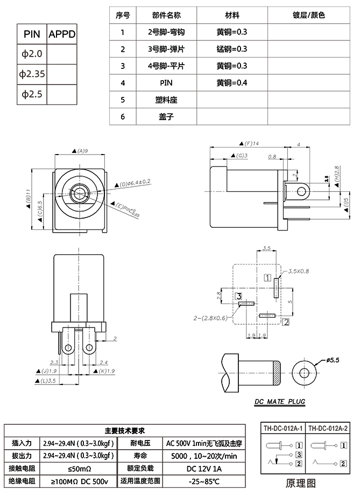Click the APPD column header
[62, 34]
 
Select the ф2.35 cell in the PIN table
[32, 74]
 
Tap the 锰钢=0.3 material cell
[231, 49]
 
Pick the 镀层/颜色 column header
[308, 15]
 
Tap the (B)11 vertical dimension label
[27, 197]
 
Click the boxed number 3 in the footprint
[238, 295]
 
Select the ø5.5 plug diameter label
[334, 360]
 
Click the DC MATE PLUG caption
[280, 402]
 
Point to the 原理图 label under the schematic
[305, 482]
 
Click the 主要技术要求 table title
[124, 431]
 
